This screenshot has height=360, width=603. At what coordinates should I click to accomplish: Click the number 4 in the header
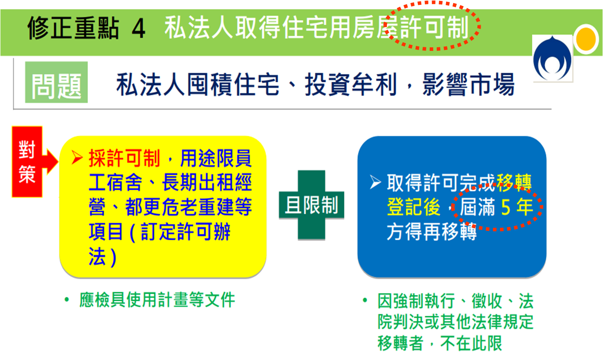(138, 29)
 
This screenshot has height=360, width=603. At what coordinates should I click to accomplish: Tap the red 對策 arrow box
(27, 161)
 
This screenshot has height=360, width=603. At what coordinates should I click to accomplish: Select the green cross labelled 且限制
(311, 205)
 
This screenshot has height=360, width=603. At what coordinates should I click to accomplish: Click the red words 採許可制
(124, 158)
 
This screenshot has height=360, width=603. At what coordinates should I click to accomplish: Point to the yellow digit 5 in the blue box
(505, 207)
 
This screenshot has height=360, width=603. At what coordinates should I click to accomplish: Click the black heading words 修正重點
(73, 29)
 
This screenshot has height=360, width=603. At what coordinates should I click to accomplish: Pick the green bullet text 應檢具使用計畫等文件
(157, 300)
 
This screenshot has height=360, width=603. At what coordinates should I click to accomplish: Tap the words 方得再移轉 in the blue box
(431, 231)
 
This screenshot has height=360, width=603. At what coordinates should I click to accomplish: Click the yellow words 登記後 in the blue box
(413, 207)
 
